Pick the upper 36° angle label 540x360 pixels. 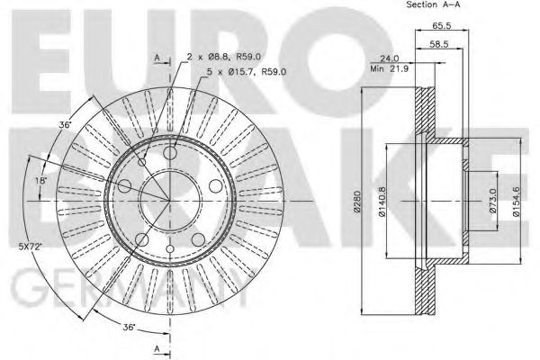click(x=64, y=126)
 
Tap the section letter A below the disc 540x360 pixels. click(x=157, y=348)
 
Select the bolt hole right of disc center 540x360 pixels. click(x=217, y=186)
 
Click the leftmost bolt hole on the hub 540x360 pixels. click(x=124, y=186)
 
